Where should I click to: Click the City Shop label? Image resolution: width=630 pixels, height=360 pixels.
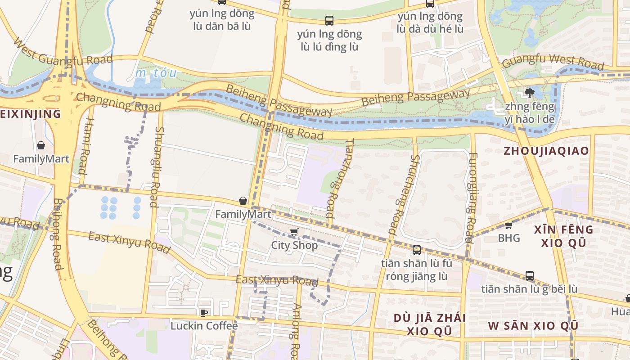coord(294,245)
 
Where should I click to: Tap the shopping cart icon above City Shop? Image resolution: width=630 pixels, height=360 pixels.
coord(294,232)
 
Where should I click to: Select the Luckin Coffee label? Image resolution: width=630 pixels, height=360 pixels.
coord(204,325)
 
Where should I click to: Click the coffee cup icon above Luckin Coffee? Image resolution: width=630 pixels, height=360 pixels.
coord(203,312)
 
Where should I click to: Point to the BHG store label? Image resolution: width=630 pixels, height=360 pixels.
coord(509,238)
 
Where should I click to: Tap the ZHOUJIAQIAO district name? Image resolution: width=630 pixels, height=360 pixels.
coord(546,151)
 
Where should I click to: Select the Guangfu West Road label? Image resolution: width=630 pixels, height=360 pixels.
coord(553,62)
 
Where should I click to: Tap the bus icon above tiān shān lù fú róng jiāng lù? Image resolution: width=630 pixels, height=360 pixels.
coord(417,250)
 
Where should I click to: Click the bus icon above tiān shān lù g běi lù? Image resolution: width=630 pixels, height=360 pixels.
coord(530,275)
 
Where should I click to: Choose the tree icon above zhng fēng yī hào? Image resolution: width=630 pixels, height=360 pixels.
coord(529,93)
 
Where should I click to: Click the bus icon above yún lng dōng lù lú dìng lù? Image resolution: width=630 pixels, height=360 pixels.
coord(329,20)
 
